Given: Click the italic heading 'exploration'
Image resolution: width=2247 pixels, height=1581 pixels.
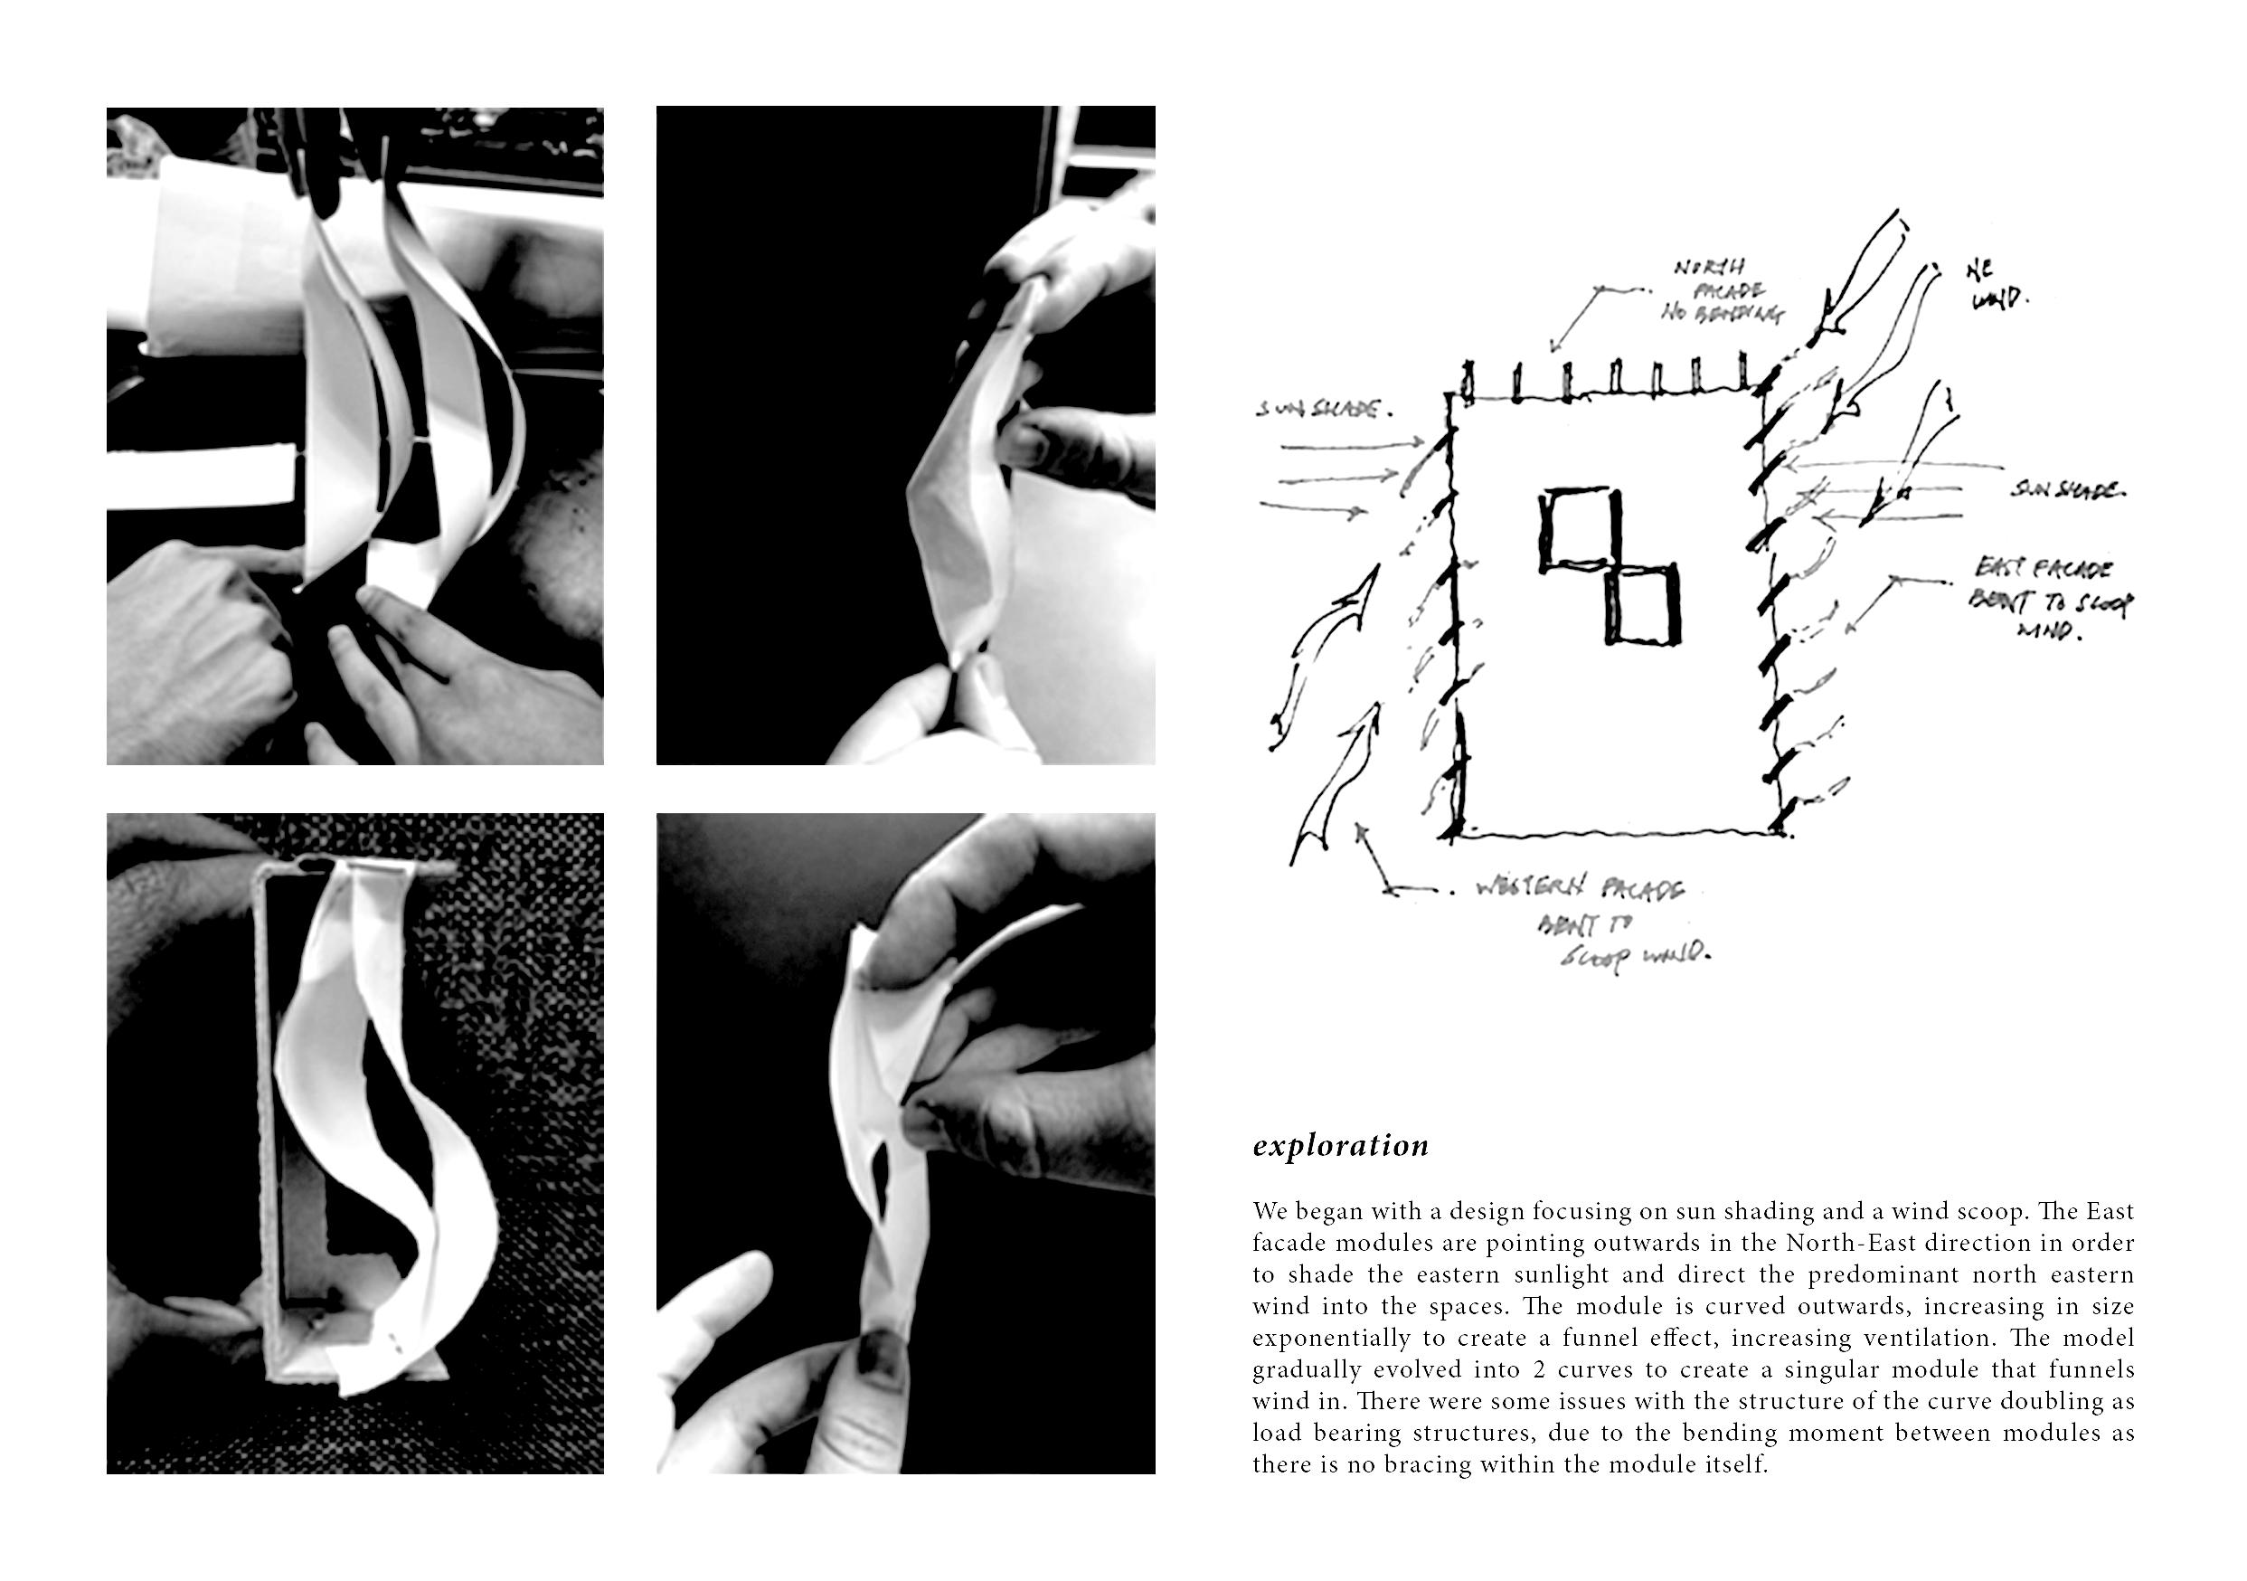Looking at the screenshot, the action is pyautogui.click(x=1340, y=1145).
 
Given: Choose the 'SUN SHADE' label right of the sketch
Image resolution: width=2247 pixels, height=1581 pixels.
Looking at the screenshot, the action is pyautogui.click(x=2066, y=488).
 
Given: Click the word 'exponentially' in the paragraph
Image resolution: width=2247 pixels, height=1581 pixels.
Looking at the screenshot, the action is pyautogui.click(x=1320, y=1340).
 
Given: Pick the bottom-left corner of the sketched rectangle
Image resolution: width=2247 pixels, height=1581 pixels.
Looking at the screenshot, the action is pyautogui.click(x=1447, y=835).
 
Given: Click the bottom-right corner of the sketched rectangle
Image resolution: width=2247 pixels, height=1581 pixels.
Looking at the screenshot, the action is pyautogui.click(x=1781, y=834).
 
